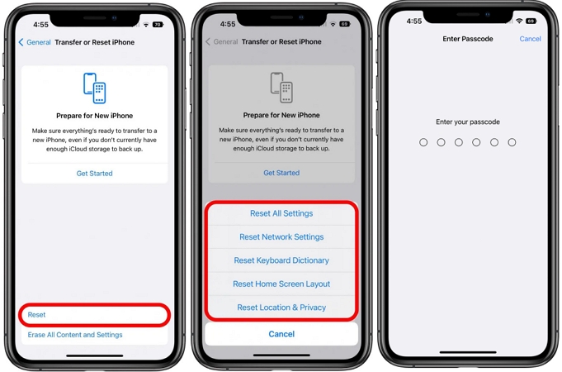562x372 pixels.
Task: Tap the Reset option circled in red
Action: tap(37, 314)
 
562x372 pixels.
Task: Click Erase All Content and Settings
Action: tap(75, 335)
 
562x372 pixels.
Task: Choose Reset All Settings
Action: tap(281, 213)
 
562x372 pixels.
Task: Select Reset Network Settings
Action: tap(281, 237)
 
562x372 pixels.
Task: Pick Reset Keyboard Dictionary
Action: tap(281, 260)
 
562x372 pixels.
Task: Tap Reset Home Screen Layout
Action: tap(281, 284)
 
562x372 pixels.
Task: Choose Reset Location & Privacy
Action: tap(281, 308)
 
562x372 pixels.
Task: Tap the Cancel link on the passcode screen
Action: tap(530, 39)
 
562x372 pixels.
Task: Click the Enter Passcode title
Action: tap(467, 39)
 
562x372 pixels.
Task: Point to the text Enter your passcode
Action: tap(467, 122)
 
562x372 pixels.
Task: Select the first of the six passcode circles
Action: tap(423, 142)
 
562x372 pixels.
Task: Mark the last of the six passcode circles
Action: tap(512, 142)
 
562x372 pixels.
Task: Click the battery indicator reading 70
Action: tap(158, 25)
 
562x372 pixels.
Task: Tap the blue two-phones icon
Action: tap(94, 88)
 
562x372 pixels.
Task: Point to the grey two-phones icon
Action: tap(281, 88)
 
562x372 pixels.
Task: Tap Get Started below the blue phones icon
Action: tap(94, 174)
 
